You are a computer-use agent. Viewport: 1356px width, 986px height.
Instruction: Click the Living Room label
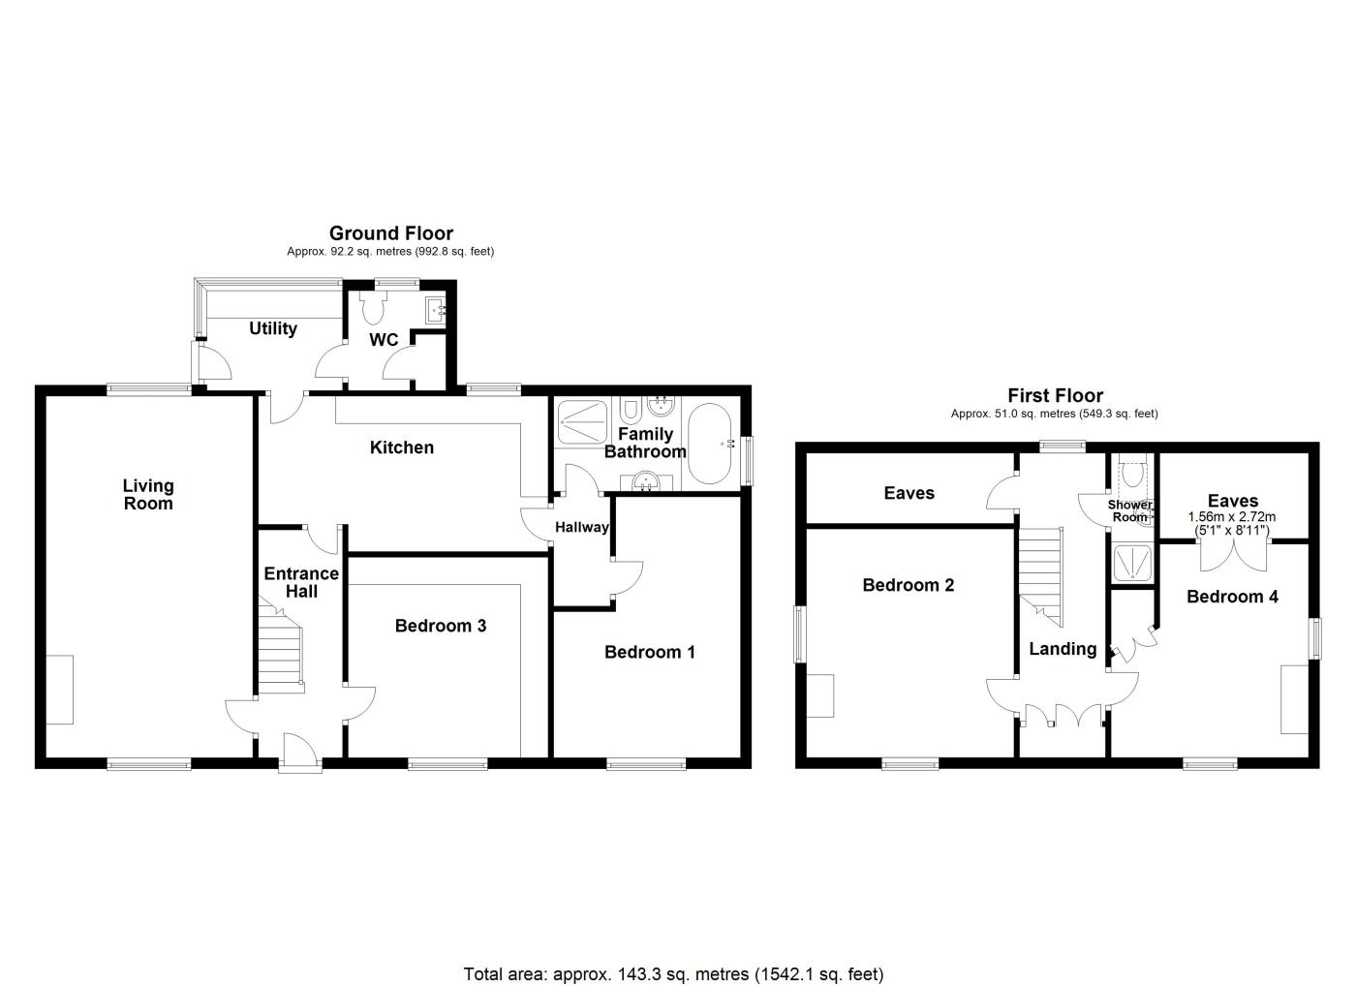[x=148, y=494]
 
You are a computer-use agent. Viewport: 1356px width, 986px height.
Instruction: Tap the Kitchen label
[x=402, y=447]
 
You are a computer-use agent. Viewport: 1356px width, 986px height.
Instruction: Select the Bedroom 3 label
[x=440, y=626]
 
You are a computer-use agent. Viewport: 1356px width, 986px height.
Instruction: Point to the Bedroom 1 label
[x=649, y=652]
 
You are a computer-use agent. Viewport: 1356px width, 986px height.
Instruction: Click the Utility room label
[x=272, y=328]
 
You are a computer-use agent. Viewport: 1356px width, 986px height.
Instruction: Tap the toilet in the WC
[x=372, y=307]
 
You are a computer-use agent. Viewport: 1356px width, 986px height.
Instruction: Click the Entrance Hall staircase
[x=279, y=654]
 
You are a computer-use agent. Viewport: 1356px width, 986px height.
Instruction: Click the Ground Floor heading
[x=390, y=232]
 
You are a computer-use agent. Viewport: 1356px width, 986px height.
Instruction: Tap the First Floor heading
[x=1055, y=395]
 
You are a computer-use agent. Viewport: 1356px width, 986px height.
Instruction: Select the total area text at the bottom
[x=673, y=973]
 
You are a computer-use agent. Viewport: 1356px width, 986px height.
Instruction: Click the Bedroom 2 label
[x=908, y=585]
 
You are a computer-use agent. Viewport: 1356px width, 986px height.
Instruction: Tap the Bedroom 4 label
[x=1232, y=597]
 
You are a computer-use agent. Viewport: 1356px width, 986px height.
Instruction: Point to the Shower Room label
[x=1130, y=510]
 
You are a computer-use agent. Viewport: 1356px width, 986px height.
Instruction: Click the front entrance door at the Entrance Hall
[x=300, y=753]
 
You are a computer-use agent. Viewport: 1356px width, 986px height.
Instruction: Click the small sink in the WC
[x=436, y=310]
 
